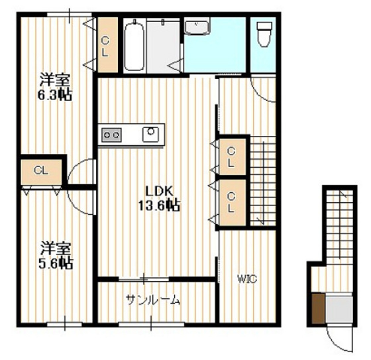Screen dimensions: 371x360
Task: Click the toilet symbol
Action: point(264,34)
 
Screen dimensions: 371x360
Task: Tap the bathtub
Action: point(134,46)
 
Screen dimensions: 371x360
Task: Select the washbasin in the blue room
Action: point(197,27)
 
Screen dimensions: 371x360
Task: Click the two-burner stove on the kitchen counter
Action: point(111,135)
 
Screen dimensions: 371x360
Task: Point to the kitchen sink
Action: point(150,135)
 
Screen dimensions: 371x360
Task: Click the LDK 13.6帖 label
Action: point(159,198)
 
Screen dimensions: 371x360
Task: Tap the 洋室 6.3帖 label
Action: point(55,87)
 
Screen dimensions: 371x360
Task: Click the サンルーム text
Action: point(153,300)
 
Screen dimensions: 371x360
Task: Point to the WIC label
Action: point(247,278)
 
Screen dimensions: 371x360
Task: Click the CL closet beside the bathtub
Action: point(108,45)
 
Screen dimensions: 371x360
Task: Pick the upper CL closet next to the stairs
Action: point(233,156)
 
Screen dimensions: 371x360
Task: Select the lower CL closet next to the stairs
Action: point(233,202)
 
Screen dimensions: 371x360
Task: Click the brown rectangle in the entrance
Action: point(318,308)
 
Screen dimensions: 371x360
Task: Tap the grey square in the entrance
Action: point(339,309)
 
